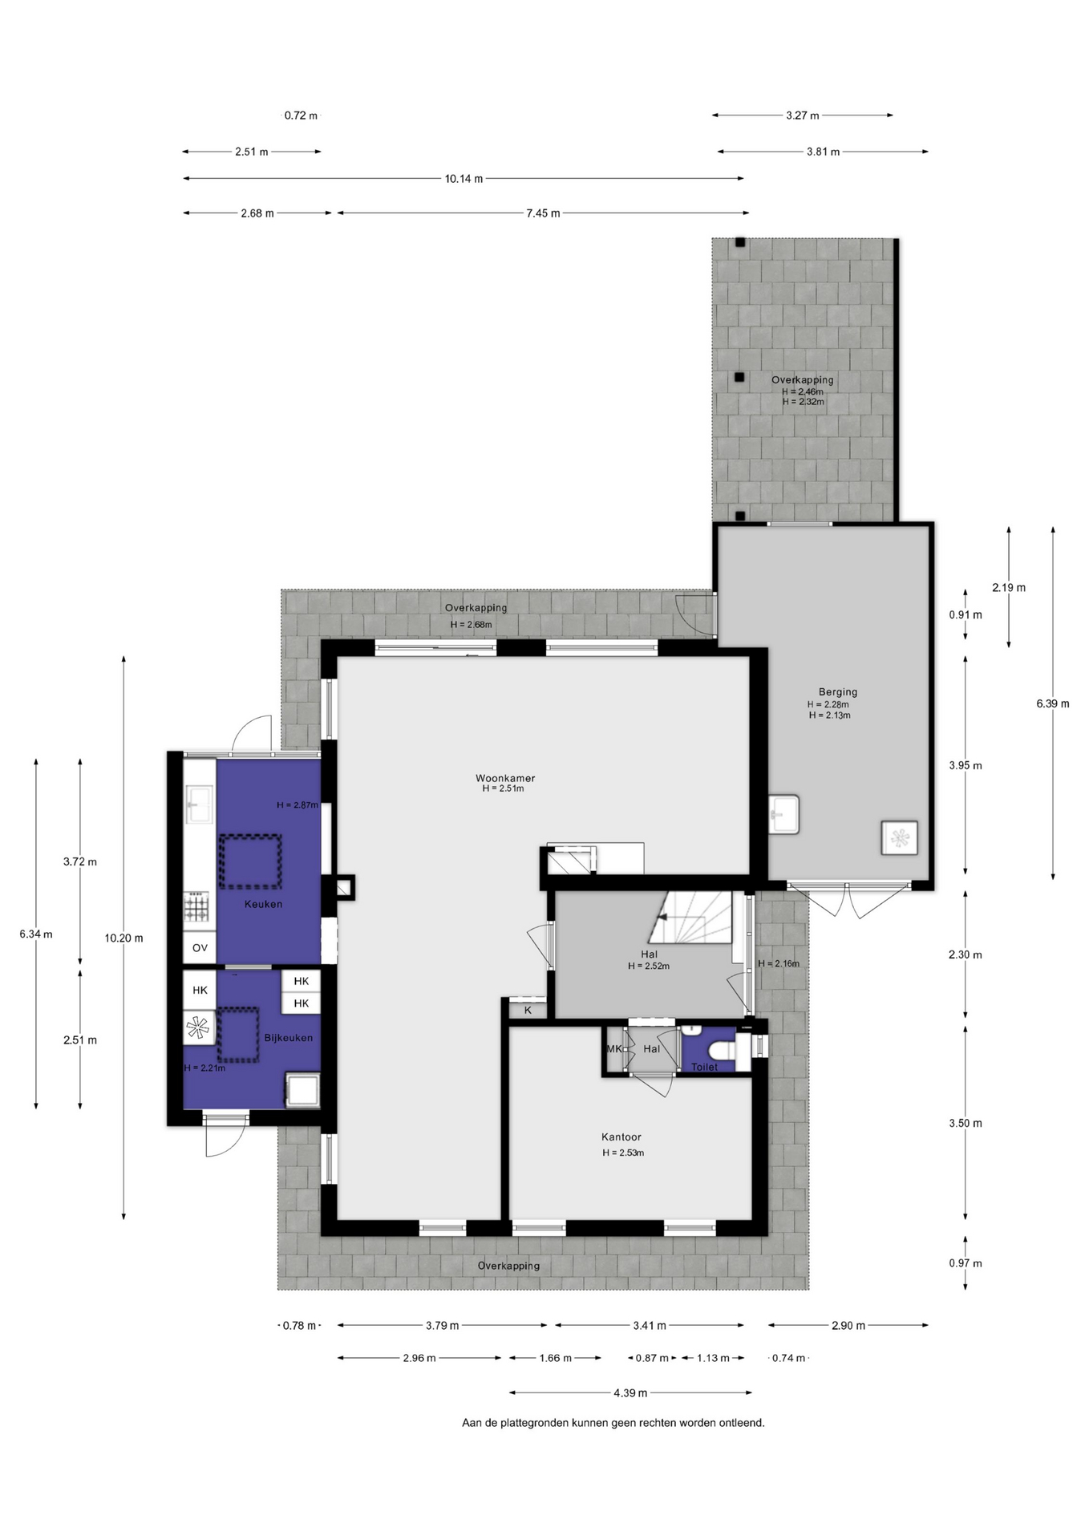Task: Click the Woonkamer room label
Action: click(x=505, y=778)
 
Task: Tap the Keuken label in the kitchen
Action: click(x=263, y=904)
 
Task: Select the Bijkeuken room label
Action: click(x=289, y=1038)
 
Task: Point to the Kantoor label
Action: click(x=621, y=1137)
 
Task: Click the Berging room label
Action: click(x=838, y=691)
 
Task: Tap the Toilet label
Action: click(x=705, y=1067)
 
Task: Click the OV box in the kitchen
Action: click(x=200, y=947)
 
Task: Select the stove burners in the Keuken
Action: click(x=197, y=908)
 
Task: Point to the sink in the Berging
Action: click(x=783, y=814)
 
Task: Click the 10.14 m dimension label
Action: click(x=464, y=179)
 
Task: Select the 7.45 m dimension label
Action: click(x=543, y=213)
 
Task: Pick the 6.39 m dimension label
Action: click(x=1053, y=703)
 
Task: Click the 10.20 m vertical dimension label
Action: click(x=123, y=938)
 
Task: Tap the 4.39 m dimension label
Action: click(x=630, y=1392)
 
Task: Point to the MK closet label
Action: click(x=614, y=1048)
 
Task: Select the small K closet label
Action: click(x=528, y=1010)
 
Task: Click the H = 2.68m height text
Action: click(x=471, y=625)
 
